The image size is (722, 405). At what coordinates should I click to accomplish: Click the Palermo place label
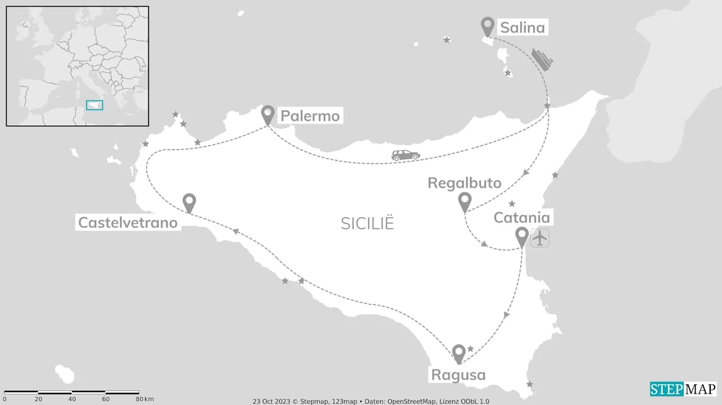(x=310, y=116)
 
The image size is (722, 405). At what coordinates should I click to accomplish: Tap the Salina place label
(x=523, y=27)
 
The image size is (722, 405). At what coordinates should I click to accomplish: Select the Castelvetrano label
(x=127, y=223)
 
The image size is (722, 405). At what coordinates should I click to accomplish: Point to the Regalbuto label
(x=464, y=183)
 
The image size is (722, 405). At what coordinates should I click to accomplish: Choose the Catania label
(x=522, y=218)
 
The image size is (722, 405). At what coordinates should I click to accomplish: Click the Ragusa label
(x=458, y=375)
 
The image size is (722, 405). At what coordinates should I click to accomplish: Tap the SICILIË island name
(x=367, y=223)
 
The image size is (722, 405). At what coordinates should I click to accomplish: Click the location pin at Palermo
(x=268, y=114)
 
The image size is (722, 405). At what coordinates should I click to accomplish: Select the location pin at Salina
(x=487, y=25)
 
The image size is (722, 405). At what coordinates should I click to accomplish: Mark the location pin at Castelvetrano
(x=190, y=201)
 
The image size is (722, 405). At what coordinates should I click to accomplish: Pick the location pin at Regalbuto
(x=465, y=200)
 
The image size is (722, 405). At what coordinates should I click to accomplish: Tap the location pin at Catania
(x=522, y=236)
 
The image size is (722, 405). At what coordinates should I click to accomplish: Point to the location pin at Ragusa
(x=459, y=353)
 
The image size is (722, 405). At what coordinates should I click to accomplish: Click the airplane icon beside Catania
(x=540, y=238)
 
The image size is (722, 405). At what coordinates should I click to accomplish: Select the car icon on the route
(x=406, y=155)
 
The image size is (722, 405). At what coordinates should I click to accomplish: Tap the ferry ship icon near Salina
(x=542, y=60)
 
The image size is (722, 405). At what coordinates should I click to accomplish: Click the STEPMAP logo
(x=683, y=389)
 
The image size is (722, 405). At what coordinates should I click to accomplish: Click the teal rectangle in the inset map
(x=94, y=105)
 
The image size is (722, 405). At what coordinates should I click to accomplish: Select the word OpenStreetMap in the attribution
(x=415, y=401)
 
